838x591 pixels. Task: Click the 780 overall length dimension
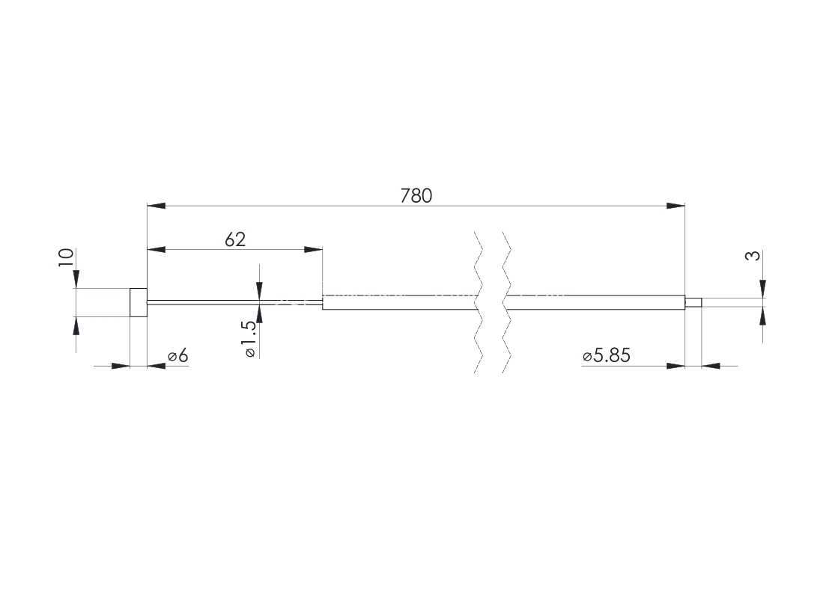pos(416,196)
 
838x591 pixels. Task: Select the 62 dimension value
pos(235,239)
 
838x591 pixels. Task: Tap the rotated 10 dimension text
pos(66,258)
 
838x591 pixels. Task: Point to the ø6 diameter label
pos(178,355)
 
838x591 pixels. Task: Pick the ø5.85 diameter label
pos(607,355)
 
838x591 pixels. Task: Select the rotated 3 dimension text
pos(752,256)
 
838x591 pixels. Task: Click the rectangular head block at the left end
pos(139,302)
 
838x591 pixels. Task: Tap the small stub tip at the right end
pos(693,303)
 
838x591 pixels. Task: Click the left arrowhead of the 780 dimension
pos(156,206)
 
